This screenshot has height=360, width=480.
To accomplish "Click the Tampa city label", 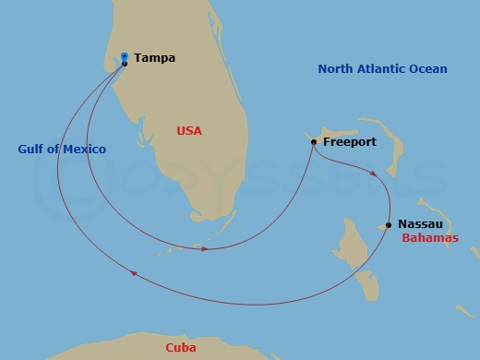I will pos(154,58).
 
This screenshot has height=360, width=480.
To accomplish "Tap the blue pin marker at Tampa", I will pos(125,56).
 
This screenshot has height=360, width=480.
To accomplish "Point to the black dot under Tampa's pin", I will pos(125,64).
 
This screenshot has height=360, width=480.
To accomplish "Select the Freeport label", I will pos(350,143).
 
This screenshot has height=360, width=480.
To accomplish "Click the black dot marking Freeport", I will pos(315,142).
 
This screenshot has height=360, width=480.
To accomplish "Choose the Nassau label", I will pos(420,224).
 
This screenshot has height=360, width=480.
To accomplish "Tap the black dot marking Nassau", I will pos(388,224).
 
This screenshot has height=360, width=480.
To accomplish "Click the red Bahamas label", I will pos(430,238).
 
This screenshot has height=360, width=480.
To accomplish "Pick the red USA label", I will pos(189,131).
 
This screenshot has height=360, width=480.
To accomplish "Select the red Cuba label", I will pos(180,348).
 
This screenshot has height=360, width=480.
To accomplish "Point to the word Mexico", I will pos(84,150).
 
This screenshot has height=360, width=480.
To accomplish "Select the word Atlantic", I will pos(384,69).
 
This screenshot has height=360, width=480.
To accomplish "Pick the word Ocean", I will pos(429,69).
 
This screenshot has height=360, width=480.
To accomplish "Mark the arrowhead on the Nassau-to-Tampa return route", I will pos(135,272).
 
